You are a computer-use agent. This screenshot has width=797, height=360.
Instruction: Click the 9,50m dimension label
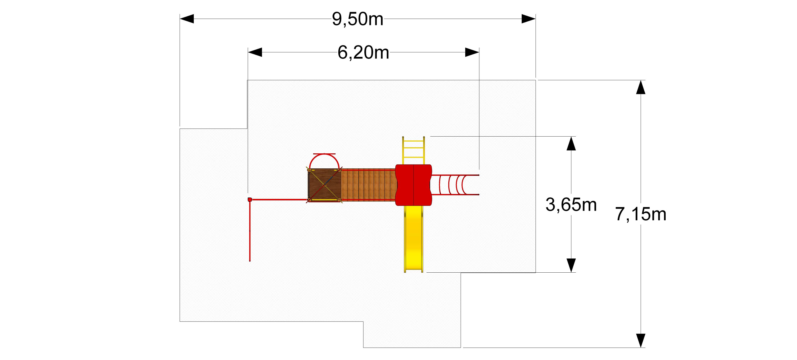pyautogui.click(x=358, y=19)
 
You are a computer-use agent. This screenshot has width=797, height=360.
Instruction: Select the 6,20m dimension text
pyautogui.click(x=363, y=52)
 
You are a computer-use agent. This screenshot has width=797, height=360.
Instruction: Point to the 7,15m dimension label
pyautogui.click(x=640, y=214)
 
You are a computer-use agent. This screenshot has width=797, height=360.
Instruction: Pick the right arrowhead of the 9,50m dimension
pyautogui.click(x=529, y=19)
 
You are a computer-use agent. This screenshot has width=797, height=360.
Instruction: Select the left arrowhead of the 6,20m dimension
pyautogui.click(x=255, y=52)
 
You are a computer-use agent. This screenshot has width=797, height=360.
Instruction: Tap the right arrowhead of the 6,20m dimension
pyautogui.click(x=472, y=52)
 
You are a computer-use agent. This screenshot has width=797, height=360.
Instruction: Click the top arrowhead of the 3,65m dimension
pyautogui.click(x=571, y=143)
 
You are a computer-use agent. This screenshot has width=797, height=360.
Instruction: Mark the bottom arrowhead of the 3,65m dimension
pyautogui.click(x=571, y=265)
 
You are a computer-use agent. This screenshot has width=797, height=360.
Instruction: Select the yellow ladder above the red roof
pyautogui.click(x=413, y=151)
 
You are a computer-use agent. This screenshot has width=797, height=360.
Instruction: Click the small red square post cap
pyautogui.click(x=250, y=200)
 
